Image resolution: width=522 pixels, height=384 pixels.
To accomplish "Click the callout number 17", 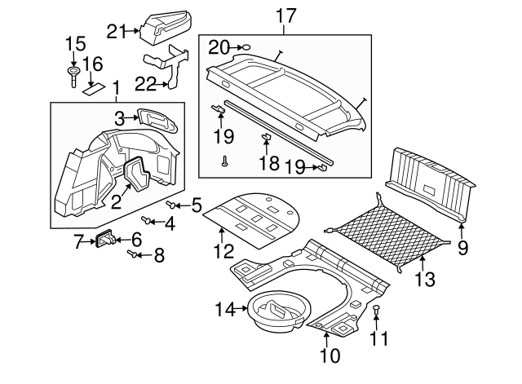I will click(x=285, y=14).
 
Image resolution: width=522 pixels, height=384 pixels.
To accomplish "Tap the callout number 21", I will click(x=116, y=31).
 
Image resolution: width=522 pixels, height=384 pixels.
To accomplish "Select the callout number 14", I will click(x=223, y=308).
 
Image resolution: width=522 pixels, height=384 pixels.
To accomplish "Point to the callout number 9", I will click(x=462, y=248).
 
